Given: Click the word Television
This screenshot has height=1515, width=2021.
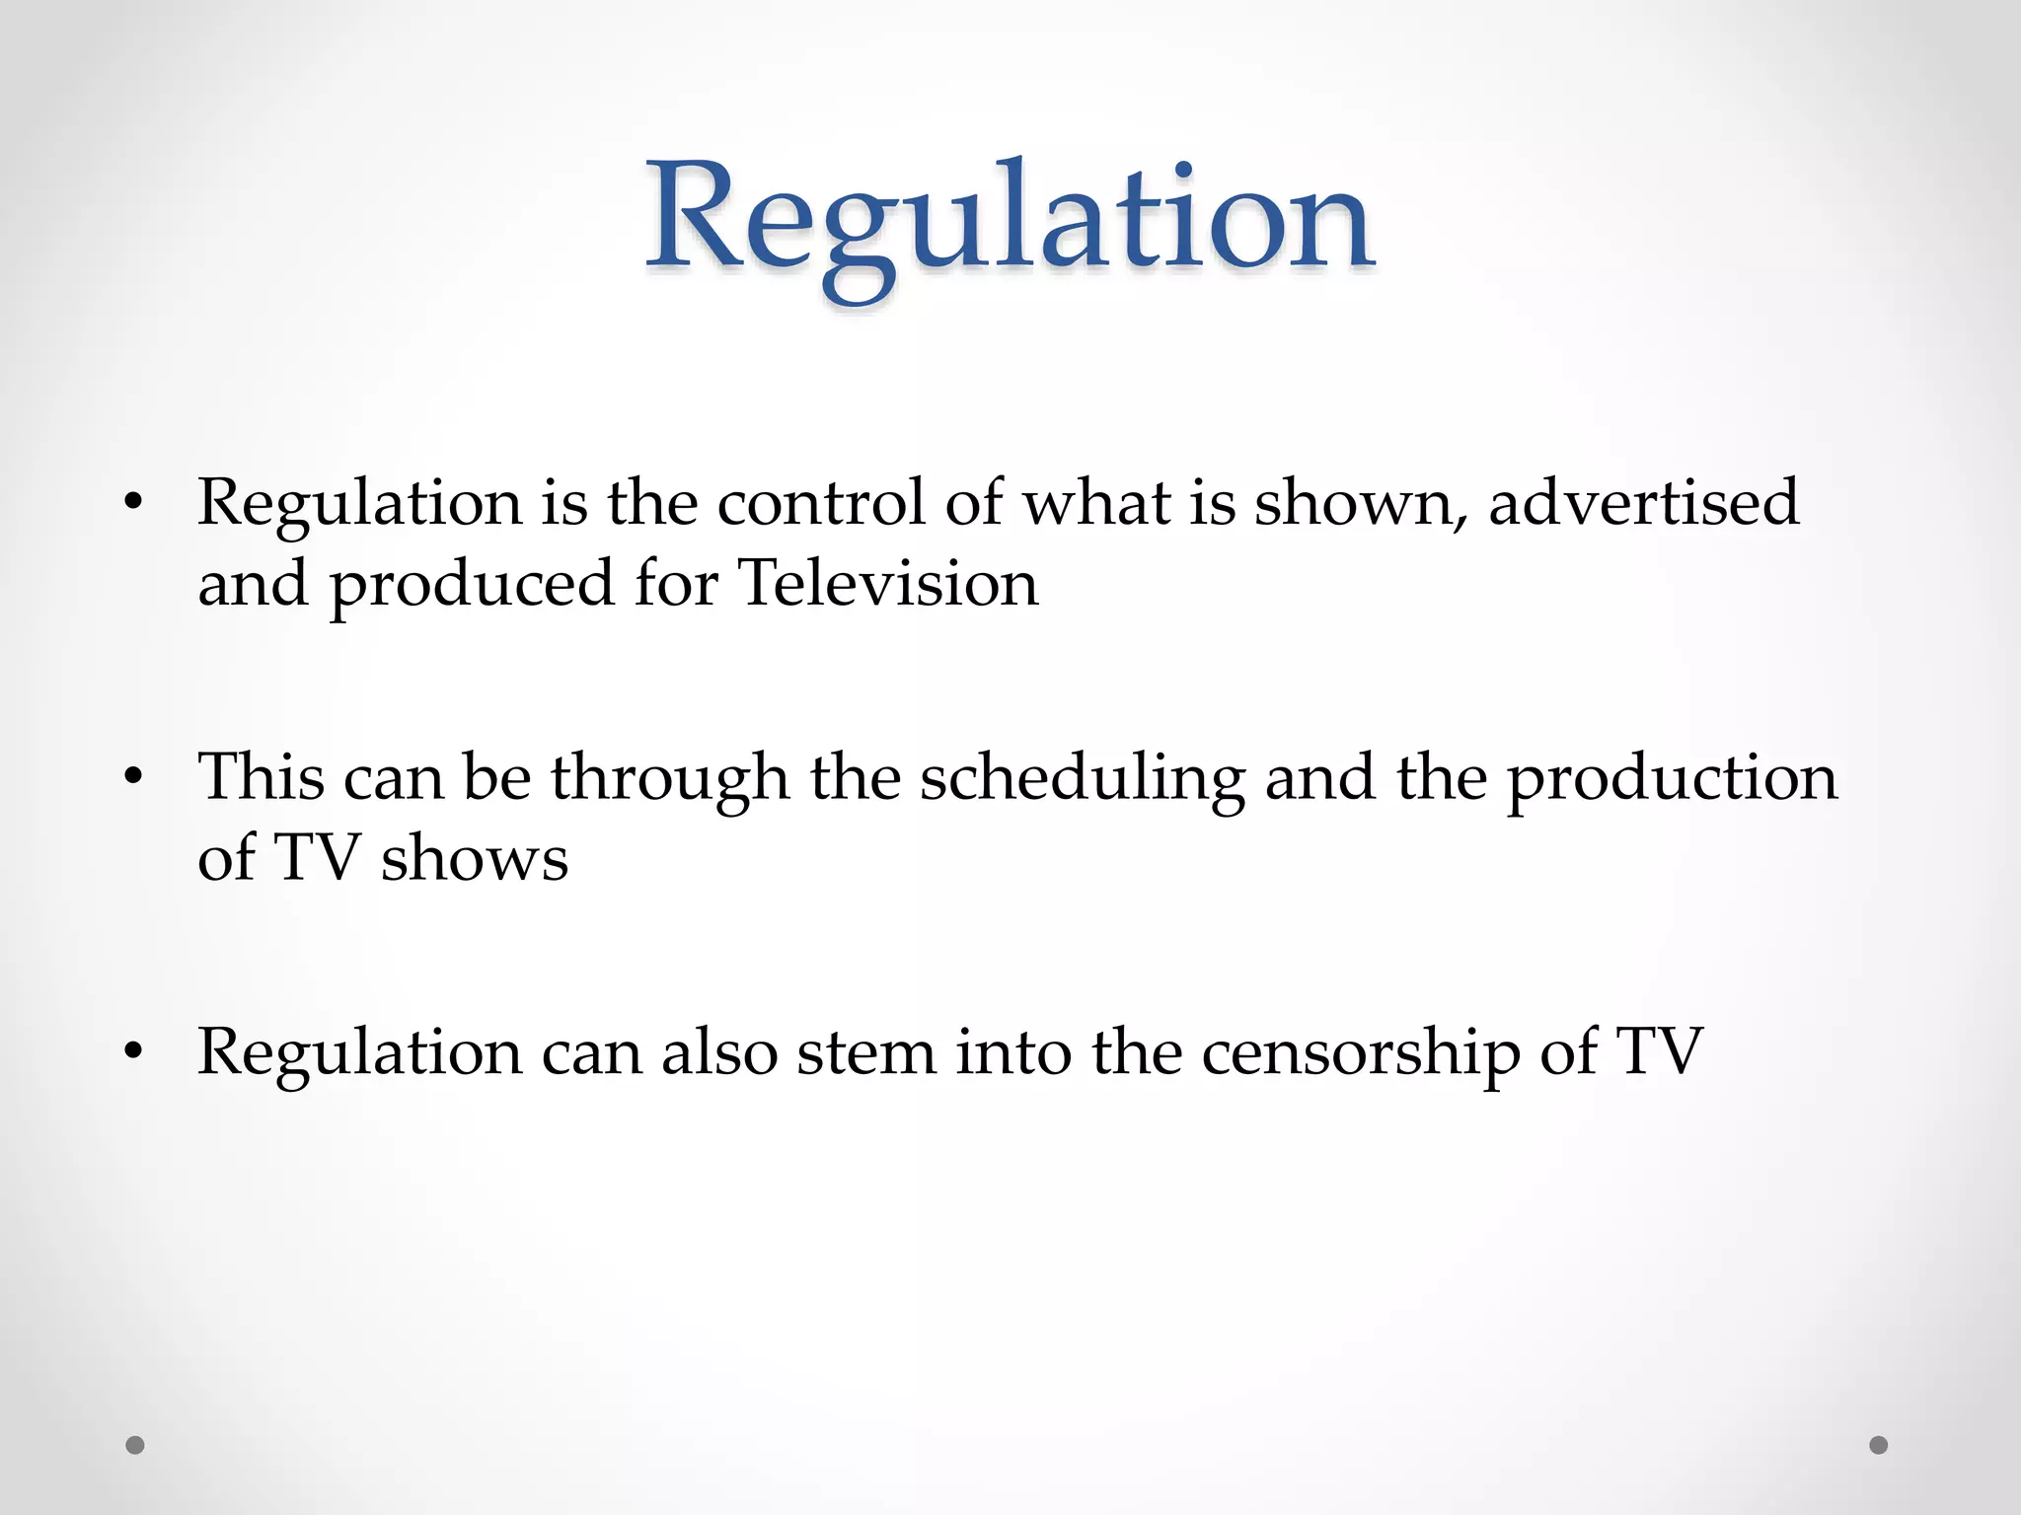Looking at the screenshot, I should coord(888,584).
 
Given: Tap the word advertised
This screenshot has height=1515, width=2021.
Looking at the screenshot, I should coord(1643,503).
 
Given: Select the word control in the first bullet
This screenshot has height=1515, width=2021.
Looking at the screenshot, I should coord(821,503).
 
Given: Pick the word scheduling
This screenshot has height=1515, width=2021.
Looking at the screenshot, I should coord(1083,779).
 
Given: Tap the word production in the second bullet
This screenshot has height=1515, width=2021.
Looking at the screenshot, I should coord(1673,779).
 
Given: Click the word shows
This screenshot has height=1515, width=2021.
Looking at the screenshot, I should coord(475,858).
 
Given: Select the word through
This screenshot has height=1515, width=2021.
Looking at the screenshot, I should coord(670,779).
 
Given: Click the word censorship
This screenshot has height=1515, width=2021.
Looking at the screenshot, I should coord(1361,1053).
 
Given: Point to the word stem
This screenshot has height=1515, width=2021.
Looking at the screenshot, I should coord(866,1053).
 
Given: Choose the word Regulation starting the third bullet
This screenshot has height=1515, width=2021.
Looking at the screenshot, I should coord(360,1053).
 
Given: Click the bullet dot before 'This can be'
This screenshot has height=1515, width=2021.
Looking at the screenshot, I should coord(134,777).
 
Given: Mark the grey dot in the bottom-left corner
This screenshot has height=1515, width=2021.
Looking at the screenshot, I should coord(135,1445).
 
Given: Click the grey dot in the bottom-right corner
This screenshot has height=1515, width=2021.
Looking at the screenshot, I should coord(1879,1445).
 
